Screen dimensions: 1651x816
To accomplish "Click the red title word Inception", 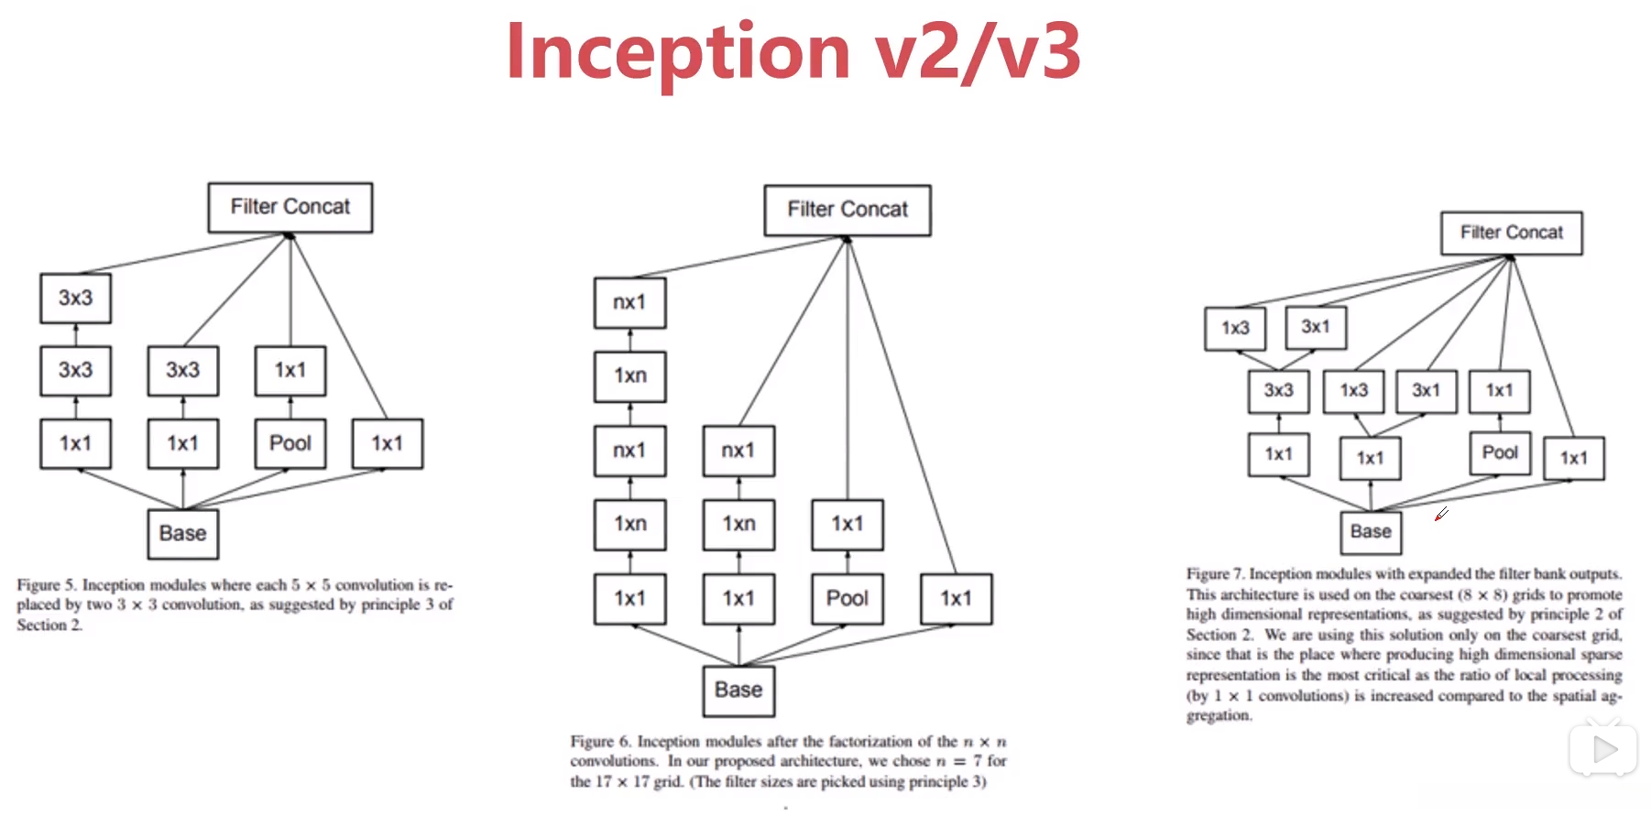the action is (x=679, y=52).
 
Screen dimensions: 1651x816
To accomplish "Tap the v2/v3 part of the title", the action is (x=978, y=52).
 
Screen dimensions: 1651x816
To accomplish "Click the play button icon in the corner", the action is (x=1603, y=750).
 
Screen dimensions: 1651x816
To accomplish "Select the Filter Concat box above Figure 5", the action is (x=290, y=207).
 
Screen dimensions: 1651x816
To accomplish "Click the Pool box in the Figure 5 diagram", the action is (x=290, y=443).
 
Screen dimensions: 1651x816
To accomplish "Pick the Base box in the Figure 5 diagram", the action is (x=183, y=534).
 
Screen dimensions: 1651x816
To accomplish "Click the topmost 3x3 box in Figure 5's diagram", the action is (x=76, y=299).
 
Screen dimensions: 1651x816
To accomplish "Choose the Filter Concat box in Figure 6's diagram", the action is (x=847, y=210).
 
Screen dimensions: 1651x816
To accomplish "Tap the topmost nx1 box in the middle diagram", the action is (x=630, y=302).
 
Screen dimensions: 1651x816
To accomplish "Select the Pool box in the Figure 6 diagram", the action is (x=847, y=599).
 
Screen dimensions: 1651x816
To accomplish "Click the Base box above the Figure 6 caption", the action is (x=738, y=691).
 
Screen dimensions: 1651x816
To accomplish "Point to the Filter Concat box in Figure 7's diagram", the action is (x=1512, y=233).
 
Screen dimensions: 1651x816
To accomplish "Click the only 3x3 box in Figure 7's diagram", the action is (x=1279, y=391).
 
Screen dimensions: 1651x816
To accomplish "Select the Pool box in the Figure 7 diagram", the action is (x=1500, y=452).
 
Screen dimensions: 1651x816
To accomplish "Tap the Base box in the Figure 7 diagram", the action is (x=1371, y=532).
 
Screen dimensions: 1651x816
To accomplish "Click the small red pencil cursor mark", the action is (x=1441, y=514).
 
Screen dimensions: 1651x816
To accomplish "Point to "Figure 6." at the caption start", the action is (x=600, y=741).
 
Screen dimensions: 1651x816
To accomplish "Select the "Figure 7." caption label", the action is (x=1216, y=573).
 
